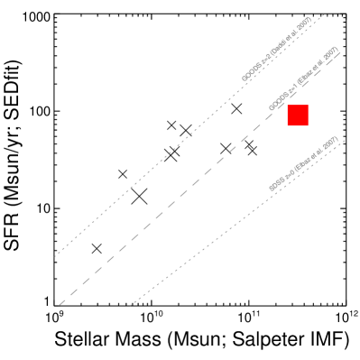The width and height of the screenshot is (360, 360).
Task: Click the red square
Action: [x=298, y=115]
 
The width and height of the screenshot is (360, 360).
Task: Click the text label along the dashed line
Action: [x=304, y=79]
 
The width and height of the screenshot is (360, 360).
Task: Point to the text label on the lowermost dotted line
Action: [x=303, y=163]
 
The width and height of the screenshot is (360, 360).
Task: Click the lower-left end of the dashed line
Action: [x=60, y=305]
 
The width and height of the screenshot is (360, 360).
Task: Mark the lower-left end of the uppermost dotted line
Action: [x=55, y=257]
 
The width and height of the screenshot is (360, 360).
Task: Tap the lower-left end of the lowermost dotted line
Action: [x=131, y=306]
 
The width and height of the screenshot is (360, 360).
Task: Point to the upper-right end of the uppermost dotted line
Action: [x=322, y=15]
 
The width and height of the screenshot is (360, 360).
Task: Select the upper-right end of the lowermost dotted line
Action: [x=346, y=139]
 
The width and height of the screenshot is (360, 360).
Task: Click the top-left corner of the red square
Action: [x=287, y=105]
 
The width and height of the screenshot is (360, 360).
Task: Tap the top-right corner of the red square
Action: [x=309, y=105]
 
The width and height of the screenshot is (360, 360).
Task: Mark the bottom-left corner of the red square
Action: [x=287, y=126]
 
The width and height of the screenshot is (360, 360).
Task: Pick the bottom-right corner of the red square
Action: [x=309, y=126]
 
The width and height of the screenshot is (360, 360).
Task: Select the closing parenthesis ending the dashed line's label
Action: [x=336, y=48]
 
